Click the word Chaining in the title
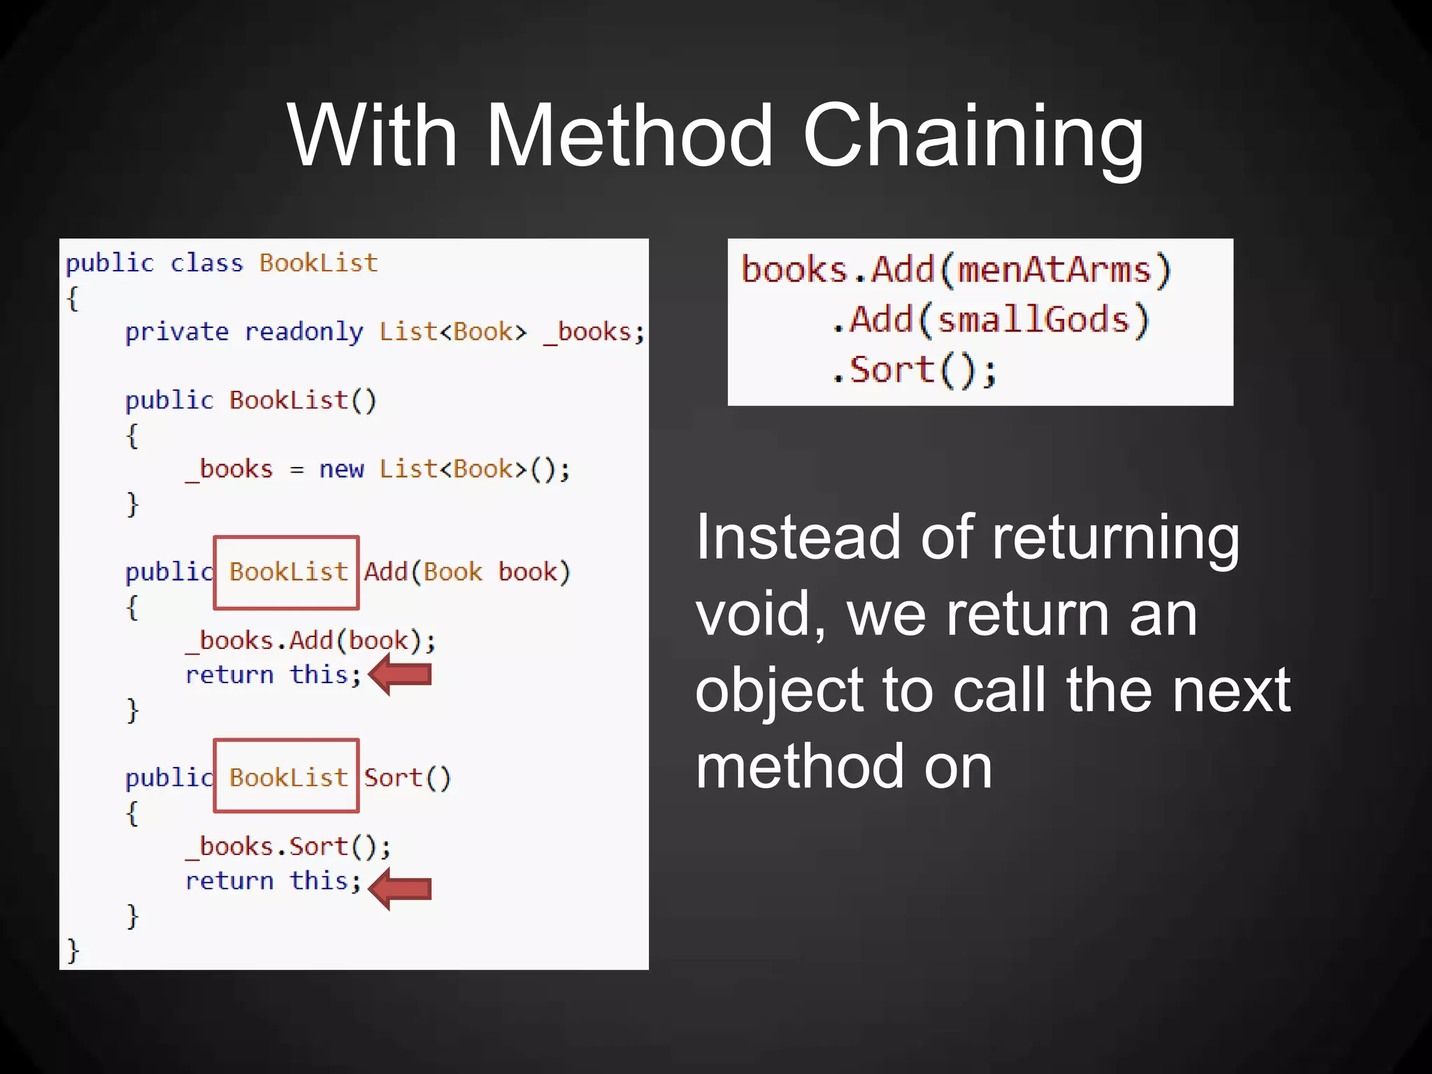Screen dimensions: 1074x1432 coord(973,136)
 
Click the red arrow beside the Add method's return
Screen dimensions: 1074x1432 coord(400,675)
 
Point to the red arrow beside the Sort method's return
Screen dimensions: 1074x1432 coord(400,889)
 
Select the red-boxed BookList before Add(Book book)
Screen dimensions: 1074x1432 coord(287,573)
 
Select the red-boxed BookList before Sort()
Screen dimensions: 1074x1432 coord(287,777)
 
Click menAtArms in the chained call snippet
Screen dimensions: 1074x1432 coord(1054,270)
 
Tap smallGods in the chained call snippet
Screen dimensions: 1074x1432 coord(1033,320)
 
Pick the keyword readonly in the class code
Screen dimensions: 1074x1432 coord(303,332)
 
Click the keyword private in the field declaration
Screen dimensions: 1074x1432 coord(176,332)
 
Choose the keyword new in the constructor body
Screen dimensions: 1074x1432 coord(341,469)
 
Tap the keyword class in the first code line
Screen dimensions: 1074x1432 coord(206,264)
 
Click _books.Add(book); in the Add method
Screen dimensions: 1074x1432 coord(310,640)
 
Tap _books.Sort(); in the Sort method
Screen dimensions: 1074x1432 coord(288,847)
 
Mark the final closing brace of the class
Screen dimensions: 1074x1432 coord(73,951)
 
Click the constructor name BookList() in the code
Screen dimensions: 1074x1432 coord(303,401)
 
